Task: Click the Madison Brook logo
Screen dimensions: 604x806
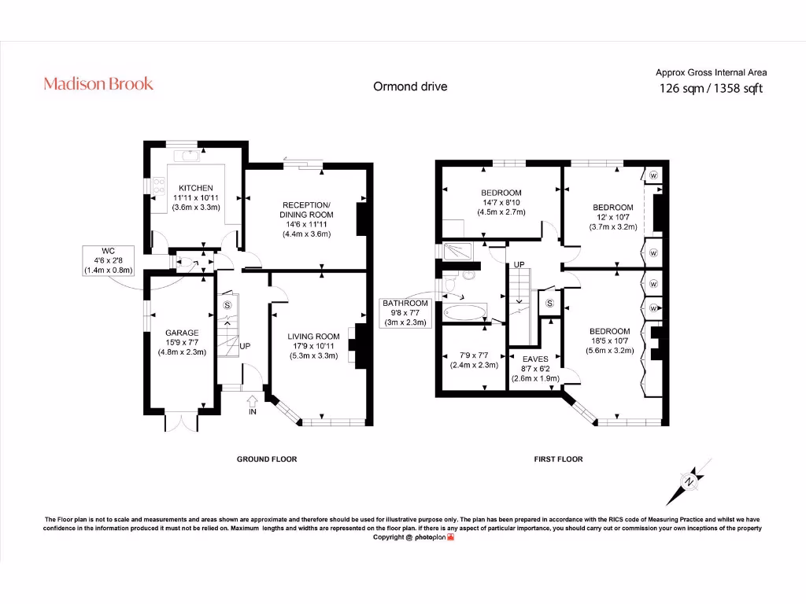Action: pyautogui.click(x=98, y=83)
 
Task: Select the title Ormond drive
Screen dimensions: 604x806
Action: pyautogui.click(x=410, y=87)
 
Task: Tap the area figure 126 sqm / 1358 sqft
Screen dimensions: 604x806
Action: pyautogui.click(x=711, y=88)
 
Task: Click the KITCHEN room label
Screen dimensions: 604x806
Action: pyautogui.click(x=196, y=197)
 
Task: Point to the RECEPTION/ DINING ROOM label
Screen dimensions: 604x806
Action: pyautogui.click(x=306, y=219)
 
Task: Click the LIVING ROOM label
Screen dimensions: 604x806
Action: pyautogui.click(x=313, y=345)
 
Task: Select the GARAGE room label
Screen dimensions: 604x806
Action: pyautogui.click(x=182, y=342)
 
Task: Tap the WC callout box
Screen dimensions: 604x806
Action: pyautogui.click(x=109, y=260)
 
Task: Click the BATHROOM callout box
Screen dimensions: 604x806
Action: pyautogui.click(x=405, y=312)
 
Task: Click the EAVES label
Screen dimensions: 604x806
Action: pyautogui.click(x=535, y=368)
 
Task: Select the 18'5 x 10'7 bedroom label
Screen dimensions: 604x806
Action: pyautogui.click(x=609, y=341)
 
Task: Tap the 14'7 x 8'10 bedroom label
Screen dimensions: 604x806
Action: pyautogui.click(x=501, y=202)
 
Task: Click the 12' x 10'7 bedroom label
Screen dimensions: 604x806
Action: pyautogui.click(x=612, y=217)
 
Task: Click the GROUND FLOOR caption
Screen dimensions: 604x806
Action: pyautogui.click(x=267, y=459)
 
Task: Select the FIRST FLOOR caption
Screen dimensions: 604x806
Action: pyautogui.click(x=558, y=459)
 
